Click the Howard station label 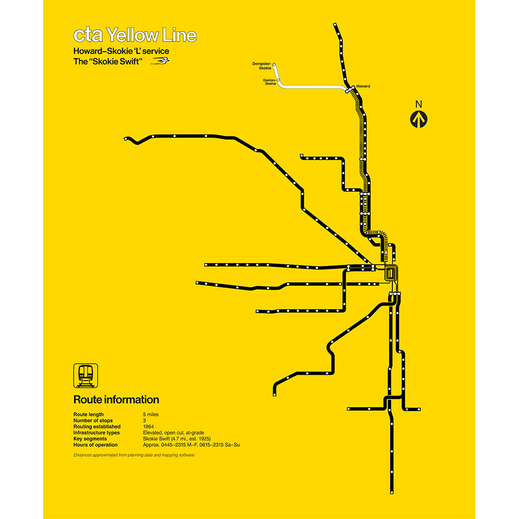363,86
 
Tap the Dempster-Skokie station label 262,65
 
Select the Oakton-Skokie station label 269,81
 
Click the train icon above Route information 86,375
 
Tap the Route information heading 116,400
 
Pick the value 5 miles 152,415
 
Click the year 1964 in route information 148,427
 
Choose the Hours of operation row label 95,445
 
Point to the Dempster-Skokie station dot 275,65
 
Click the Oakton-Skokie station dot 279,81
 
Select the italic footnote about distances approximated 134,455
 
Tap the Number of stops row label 93,421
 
